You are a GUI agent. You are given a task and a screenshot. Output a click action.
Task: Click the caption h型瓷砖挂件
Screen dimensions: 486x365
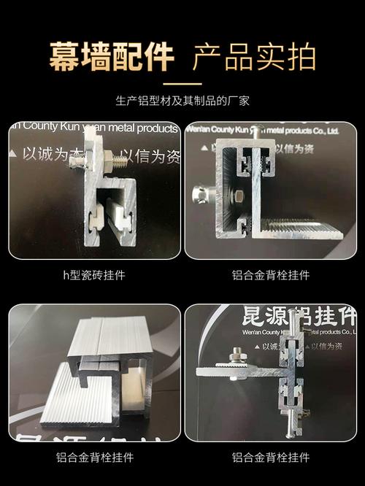click(x=94, y=275)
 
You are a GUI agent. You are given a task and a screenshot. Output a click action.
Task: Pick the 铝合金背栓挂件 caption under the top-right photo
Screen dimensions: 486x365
click(x=271, y=275)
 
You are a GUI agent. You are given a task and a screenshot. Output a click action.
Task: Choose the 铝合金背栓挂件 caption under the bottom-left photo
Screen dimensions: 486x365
click(x=94, y=458)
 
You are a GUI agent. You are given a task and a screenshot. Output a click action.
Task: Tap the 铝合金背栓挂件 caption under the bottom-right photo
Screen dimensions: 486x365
click(x=271, y=458)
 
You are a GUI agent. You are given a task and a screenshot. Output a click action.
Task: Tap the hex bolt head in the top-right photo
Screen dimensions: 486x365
click(x=238, y=196)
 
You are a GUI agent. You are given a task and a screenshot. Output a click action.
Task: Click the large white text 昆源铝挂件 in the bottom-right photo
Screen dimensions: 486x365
click(x=299, y=319)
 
